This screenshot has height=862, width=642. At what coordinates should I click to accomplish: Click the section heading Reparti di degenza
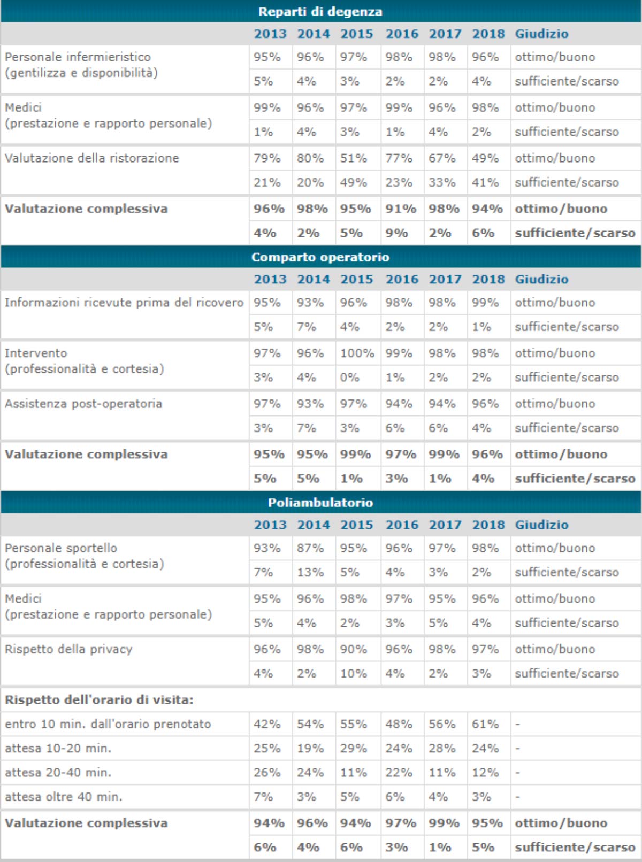pyautogui.click(x=320, y=12)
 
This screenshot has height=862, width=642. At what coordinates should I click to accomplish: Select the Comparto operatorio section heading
pyautogui.click(x=320, y=257)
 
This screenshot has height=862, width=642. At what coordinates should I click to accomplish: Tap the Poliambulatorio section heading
pyautogui.click(x=320, y=503)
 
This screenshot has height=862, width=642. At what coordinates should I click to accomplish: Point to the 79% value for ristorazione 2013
pyautogui.click(x=267, y=158)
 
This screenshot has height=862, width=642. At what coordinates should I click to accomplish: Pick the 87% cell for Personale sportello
pyautogui.click(x=310, y=548)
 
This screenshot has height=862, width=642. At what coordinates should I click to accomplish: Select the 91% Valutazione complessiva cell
pyautogui.click(x=401, y=209)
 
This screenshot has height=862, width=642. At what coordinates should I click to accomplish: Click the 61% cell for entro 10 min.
pyautogui.click(x=485, y=724)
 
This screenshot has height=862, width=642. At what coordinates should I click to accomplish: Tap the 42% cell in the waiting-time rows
pyautogui.click(x=267, y=724)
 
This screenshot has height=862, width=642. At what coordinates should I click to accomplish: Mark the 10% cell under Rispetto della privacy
pyautogui.click(x=354, y=674)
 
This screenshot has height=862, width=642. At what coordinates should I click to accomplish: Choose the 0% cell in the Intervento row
pyautogui.click(x=350, y=378)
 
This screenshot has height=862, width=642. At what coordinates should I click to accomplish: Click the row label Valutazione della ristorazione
pyautogui.click(x=91, y=158)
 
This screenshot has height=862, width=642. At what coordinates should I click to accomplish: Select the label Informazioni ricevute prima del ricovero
pyautogui.click(x=124, y=303)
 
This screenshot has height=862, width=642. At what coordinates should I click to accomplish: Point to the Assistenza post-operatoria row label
pyautogui.click(x=83, y=404)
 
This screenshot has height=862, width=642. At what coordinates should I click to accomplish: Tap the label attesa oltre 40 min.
pyautogui.click(x=63, y=797)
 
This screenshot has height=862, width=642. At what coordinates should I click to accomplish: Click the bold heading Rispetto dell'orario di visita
pyautogui.click(x=99, y=700)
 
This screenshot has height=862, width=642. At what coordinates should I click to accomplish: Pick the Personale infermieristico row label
pyautogui.click(x=78, y=57)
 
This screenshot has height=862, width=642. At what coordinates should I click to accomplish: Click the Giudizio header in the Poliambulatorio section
pyautogui.click(x=541, y=525)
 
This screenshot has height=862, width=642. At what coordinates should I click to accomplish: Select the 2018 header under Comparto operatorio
pyautogui.click(x=488, y=280)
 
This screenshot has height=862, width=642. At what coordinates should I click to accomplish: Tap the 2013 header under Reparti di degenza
pyautogui.click(x=270, y=34)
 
